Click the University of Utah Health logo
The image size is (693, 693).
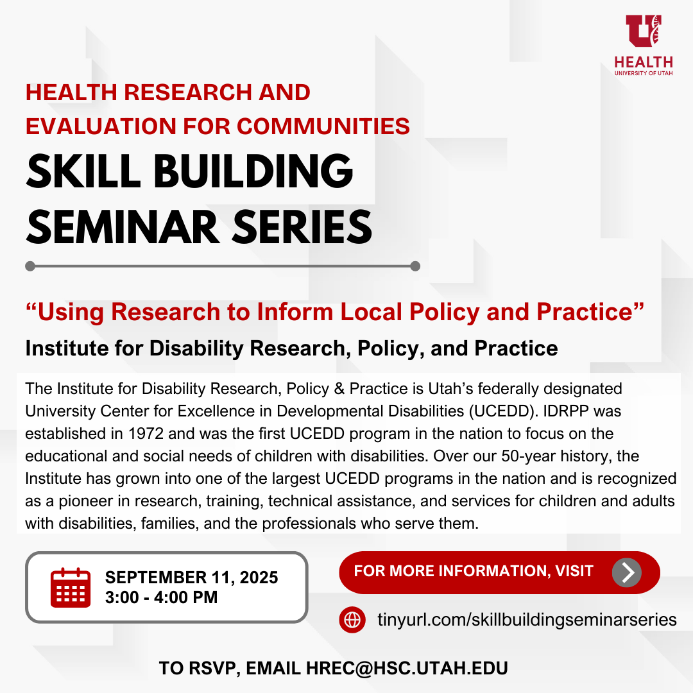pos(644,45)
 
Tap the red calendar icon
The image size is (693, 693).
pos(70,587)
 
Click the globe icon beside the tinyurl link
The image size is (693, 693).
pos(352,620)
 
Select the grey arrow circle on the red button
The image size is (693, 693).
pos(626,572)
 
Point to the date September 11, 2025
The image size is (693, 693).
pos(191,577)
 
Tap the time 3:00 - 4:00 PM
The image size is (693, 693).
pos(161,597)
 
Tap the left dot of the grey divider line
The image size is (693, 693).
pos(30,266)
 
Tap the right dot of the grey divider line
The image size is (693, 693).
pos(415,266)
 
